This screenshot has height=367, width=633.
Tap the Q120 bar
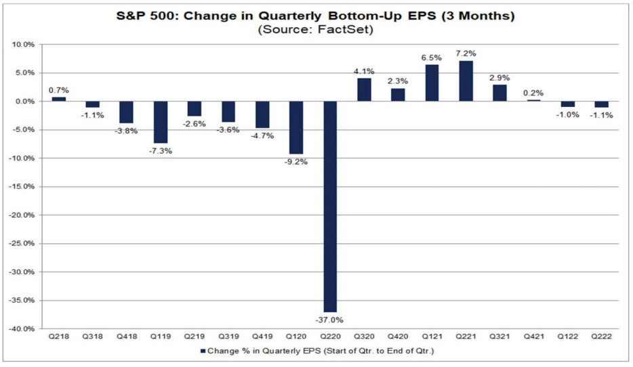[296, 128]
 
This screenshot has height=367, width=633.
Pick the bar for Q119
[161, 123]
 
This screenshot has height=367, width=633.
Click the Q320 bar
[364, 90]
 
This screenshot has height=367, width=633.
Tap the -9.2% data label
[296, 162]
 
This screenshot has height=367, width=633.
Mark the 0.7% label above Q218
[58, 89]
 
